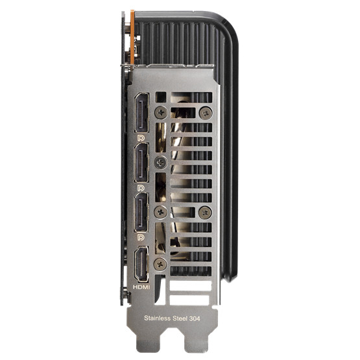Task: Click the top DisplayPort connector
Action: pos(141,113)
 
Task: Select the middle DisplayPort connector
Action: pos(141,163)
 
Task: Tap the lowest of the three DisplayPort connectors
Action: pos(141,212)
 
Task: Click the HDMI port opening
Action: pos(141,264)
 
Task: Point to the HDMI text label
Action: pos(141,287)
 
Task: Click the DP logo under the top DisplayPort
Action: pos(141,138)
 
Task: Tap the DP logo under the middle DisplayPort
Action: pos(141,188)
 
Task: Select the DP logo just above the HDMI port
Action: pos(141,237)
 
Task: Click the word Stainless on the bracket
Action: pos(157,318)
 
